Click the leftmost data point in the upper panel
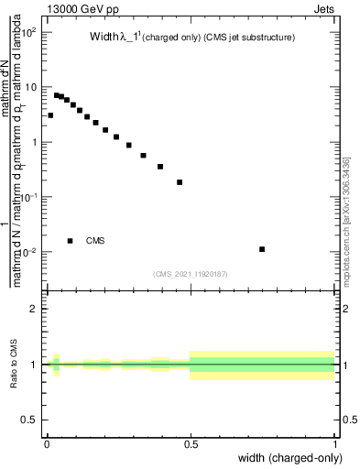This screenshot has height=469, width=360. [50, 115]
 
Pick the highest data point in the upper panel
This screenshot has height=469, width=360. [56, 94]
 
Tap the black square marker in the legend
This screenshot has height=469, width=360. [70, 241]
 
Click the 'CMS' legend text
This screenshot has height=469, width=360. [95, 241]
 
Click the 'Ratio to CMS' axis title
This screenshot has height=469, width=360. [15, 365]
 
